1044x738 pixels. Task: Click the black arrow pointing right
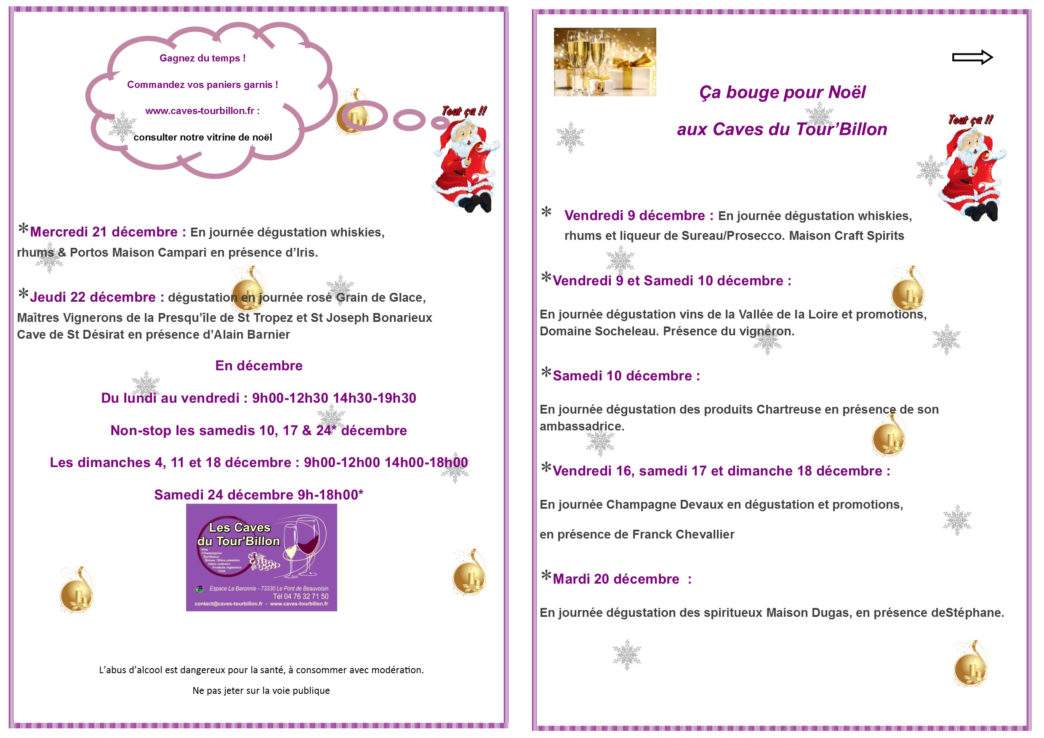(972, 57)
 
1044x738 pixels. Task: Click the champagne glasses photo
(605, 62)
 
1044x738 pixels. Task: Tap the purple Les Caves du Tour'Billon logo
(261, 557)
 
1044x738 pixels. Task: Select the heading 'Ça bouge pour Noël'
(782, 92)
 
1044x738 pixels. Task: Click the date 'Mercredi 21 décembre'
(104, 232)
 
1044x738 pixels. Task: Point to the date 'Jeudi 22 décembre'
(93, 297)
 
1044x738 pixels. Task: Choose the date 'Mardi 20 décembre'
(616, 579)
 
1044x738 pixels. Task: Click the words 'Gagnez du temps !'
(202, 58)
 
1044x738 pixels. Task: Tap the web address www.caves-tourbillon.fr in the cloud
(200, 111)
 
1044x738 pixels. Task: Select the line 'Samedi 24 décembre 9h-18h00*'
(258, 494)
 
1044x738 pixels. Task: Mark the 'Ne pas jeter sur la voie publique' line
(261, 690)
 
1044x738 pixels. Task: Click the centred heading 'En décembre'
(259, 365)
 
